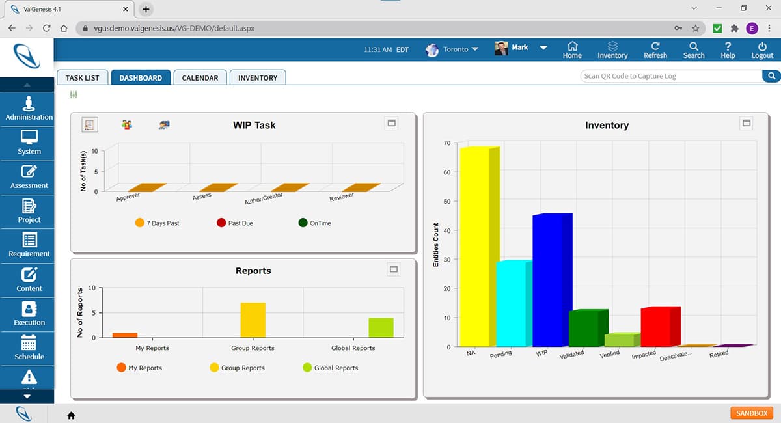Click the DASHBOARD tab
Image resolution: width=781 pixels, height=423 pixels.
click(141, 77)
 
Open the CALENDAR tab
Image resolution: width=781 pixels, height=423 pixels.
click(200, 77)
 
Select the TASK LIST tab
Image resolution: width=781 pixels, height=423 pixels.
click(82, 77)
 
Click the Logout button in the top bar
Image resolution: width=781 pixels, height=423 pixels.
click(762, 50)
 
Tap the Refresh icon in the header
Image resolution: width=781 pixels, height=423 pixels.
click(655, 50)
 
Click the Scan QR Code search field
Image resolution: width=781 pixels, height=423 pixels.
click(670, 76)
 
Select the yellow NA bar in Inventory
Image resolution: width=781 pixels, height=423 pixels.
click(475, 247)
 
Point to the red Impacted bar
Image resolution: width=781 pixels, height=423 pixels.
click(656, 327)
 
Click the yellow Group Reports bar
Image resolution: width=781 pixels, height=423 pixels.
click(253, 320)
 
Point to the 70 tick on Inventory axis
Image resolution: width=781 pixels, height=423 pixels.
click(446, 143)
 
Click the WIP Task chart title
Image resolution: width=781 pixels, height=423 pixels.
click(254, 125)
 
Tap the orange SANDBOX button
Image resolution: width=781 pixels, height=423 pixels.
click(752, 413)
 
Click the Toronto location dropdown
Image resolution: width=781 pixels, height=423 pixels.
click(454, 49)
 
